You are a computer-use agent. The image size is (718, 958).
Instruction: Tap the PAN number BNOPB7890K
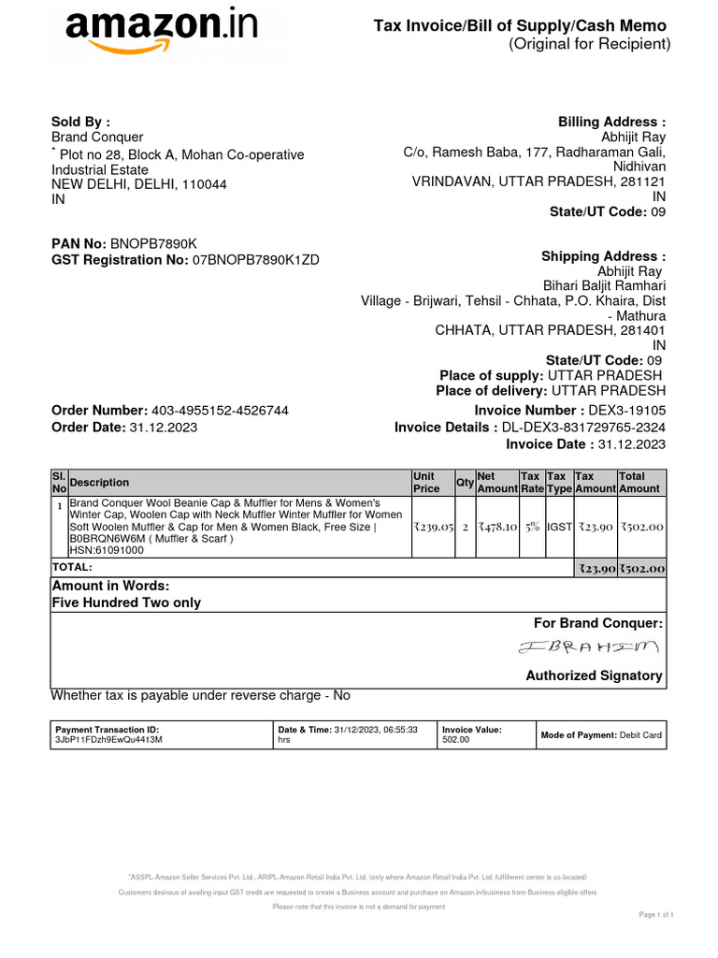tap(154, 243)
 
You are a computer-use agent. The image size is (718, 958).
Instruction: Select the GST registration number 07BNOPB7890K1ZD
tap(255, 260)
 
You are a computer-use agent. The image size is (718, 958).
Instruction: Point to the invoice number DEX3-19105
tap(626, 411)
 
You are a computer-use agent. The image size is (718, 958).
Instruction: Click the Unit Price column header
tap(426, 482)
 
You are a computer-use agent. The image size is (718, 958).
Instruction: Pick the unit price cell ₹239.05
tap(433, 527)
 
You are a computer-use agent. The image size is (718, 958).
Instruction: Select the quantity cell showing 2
tap(465, 527)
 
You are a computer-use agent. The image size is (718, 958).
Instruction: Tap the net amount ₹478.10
tap(497, 527)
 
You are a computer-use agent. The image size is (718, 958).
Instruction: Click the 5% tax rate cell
tap(532, 527)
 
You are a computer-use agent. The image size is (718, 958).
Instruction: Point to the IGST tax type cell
tap(559, 527)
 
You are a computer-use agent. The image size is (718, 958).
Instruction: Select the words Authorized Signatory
tap(594, 675)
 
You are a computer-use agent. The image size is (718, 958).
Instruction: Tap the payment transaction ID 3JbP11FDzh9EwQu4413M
tap(109, 740)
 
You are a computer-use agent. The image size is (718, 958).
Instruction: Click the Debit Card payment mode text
tap(640, 735)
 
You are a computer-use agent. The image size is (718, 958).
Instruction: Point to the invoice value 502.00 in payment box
tap(456, 740)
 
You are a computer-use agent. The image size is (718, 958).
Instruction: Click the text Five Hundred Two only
tap(126, 602)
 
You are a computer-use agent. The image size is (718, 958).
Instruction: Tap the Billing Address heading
tap(611, 122)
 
